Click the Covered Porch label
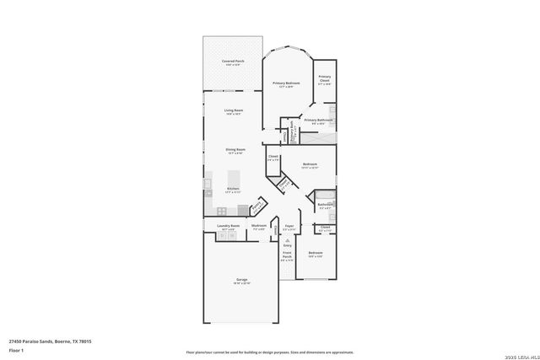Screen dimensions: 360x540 (233, 62)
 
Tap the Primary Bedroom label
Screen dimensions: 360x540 (286, 83)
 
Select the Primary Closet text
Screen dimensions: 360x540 (325, 78)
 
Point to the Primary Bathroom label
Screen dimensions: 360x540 (318, 121)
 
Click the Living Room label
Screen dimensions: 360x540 (234, 111)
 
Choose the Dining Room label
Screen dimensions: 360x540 (235, 150)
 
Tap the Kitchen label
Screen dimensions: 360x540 (233, 189)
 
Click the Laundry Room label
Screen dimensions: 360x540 (226, 226)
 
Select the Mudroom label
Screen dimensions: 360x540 (259, 226)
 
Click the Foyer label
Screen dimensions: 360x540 (289, 226)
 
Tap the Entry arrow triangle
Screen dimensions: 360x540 (287, 239)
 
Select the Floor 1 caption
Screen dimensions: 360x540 (16, 349)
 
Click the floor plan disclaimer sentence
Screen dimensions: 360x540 (269, 351)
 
